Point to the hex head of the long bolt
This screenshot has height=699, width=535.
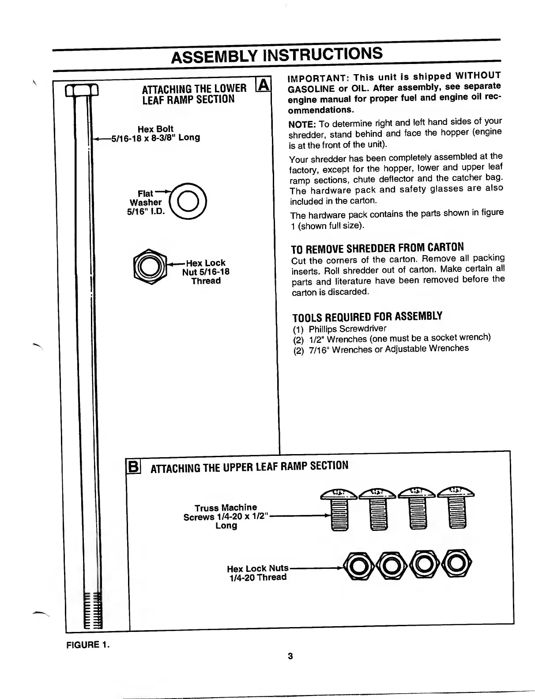tap(82, 92)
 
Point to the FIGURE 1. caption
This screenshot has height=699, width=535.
tap(88, 645)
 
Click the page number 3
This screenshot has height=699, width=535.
tap(290, 656)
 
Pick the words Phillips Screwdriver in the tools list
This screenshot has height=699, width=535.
tap(347, 329)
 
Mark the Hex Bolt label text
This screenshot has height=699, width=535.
tap(155, 129)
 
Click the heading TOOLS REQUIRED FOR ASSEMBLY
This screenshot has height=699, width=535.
tap(367, 316)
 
